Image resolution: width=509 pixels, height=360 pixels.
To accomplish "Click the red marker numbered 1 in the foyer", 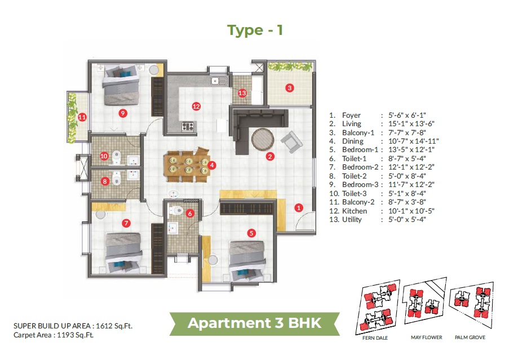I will pos(299,207).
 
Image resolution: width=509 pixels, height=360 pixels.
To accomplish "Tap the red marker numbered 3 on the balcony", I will pos(289,88).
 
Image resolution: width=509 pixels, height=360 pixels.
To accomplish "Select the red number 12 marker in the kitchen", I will pos(196,106).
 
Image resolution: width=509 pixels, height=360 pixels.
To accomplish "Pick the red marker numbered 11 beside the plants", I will pos(82,117).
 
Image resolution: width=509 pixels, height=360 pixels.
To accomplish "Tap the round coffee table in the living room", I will pos(262,139).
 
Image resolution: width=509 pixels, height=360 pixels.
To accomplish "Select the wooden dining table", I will pos(186,165).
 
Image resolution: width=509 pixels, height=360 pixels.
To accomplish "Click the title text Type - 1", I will pos(255,30).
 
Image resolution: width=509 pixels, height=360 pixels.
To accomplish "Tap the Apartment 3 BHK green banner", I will pos(254,323).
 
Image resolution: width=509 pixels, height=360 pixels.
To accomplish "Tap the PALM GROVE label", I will pos(470,337).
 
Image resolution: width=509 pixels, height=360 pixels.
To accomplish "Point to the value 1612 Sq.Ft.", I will pos(114,326).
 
